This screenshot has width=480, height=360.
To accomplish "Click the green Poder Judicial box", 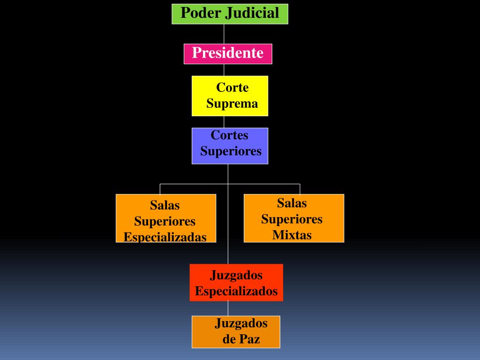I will [230, 14].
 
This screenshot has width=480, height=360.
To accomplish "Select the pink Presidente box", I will [228, 53].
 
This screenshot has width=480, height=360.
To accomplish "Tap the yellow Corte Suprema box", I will [230, 96].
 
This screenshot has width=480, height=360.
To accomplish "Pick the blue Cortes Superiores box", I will [230, 146].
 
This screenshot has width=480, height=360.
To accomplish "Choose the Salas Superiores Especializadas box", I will [166, 218].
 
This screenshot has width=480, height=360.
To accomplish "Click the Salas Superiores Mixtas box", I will [294, 218].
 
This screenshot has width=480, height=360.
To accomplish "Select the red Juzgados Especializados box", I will [236, 282].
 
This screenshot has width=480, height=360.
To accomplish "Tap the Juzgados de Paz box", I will [236, 331].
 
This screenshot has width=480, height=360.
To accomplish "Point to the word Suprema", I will [232, 104].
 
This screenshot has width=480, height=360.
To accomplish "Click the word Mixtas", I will [292, 235].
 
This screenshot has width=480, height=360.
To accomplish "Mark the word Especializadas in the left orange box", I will [165, 237].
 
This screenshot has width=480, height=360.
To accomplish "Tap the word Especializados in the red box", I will [236, 291].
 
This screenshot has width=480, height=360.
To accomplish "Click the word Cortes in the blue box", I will [230, 135].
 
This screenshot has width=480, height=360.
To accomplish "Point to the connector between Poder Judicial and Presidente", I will [224, 34].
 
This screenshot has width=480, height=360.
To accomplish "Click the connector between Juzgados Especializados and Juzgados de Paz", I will [228, 308].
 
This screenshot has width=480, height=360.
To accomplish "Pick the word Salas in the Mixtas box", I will [292, 203].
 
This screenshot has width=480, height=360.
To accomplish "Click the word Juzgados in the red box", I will [236, 275].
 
